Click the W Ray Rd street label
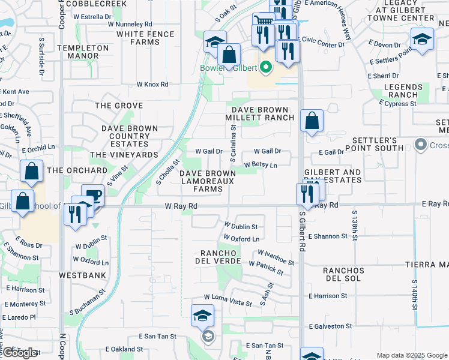[181, 206]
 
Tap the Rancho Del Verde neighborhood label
[218, 256]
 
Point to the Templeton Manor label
[83, 52]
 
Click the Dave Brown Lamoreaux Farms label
[208, 181]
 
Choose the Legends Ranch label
[403, 91]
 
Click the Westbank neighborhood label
[82, 275]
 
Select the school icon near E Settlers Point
[423, 40]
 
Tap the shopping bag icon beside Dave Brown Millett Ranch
[312, 121]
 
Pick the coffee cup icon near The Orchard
[93, 195]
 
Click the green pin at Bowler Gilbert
[280, 67]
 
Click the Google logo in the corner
[20, 353]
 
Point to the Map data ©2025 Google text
[411, 355]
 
